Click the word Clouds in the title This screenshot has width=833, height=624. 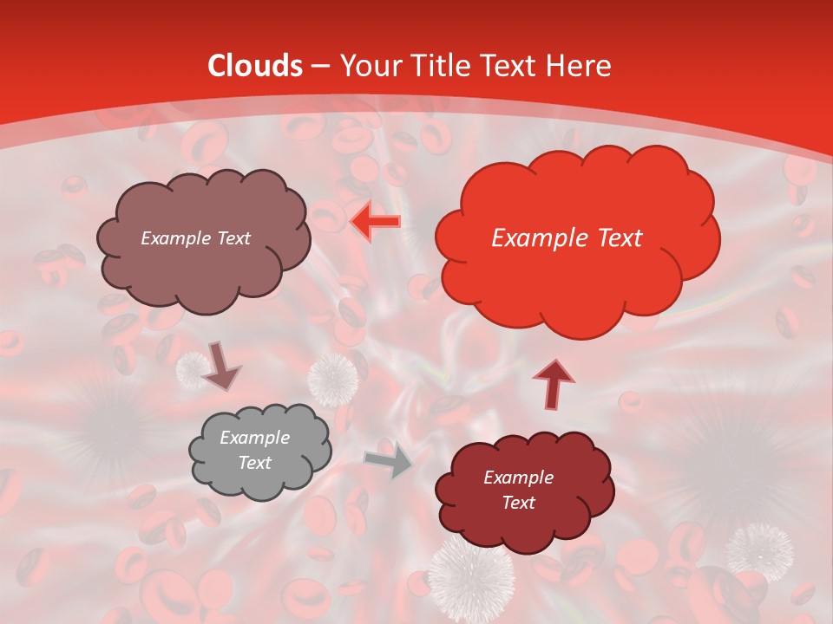click(255, 67)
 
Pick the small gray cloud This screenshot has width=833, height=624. click(259, 451)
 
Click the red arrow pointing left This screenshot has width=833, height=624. click(376, 223)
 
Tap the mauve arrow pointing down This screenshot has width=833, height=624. click(220, 365)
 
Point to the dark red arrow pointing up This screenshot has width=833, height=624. click(553, 382)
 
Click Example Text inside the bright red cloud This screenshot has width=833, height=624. click(567, 238)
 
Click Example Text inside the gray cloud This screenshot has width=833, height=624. click(254, 451)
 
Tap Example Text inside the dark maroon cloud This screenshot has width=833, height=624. click(518, 490)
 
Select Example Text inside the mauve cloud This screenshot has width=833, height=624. click(195, 238)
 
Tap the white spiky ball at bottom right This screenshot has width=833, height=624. click(759, 550)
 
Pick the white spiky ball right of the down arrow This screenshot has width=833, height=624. click(332, 378)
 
